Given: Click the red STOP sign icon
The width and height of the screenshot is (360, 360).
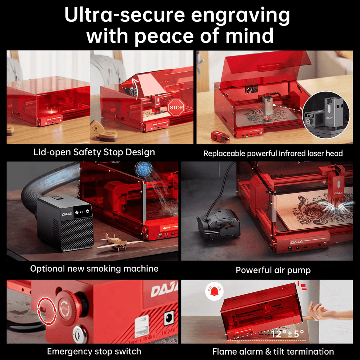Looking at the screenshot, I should pos(176,108).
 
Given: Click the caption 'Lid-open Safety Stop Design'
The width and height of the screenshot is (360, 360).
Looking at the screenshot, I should pos(94,152).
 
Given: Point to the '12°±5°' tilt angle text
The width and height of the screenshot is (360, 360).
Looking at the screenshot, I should pos(287,333).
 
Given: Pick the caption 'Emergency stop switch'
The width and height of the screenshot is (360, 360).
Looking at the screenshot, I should pos(94,351).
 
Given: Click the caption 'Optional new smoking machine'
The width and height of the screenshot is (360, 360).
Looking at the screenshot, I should pos(94,269).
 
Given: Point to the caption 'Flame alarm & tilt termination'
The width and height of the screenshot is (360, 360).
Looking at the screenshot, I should pos(273,351).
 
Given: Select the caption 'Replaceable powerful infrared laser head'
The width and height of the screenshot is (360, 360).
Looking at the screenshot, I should pos(273,153).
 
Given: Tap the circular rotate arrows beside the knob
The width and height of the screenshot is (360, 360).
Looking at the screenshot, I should pos(47,310).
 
